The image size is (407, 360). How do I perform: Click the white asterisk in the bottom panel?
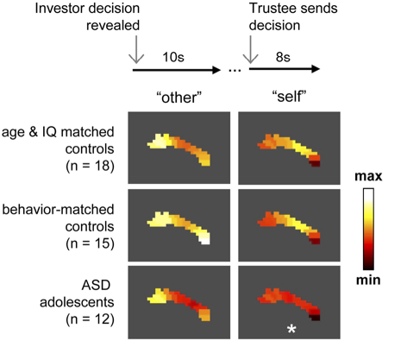pyautogui.click(x=291, y=329)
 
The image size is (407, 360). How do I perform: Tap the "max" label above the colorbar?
pyautogui.click(x=368, y=176)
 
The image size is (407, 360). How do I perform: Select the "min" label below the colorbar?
pyautogui.click(x=368, y=280)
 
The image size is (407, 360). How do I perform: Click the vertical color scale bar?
pyautogui.click(x=368, y=229)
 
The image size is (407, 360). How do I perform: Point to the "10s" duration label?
pyautogui.click(x=173, y=57)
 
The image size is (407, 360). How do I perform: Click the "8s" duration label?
pyautogui.click(x=283, y=57)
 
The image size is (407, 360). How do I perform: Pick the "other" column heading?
pyautogui.click(x=179, y=98)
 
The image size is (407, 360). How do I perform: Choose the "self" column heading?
pyautogui.click(x=290, y=97)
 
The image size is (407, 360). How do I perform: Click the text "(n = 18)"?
pyautogui.click(x=90, y=166)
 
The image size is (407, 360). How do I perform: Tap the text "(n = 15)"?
pyautogui.click(x=90, y=243)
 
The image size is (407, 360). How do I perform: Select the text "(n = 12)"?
pyautogui.click(x=90, y=319)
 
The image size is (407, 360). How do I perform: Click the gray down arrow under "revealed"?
pyautogui.click(x=136, y=49)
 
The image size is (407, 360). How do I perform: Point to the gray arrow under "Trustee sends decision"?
pyautogui.click(x=251, y=49)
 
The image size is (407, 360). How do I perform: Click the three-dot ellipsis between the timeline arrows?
pyautogui.click(x=235, y=70)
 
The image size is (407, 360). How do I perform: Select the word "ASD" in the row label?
pyautogui.click(x=96, y=285)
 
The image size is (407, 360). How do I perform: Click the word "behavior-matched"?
pyautogui.click(x=58, y=209)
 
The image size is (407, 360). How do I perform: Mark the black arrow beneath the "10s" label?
pyautogui.click(x=177, y=70)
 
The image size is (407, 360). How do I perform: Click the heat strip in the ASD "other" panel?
pyautogui.click(x=184, y=300)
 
